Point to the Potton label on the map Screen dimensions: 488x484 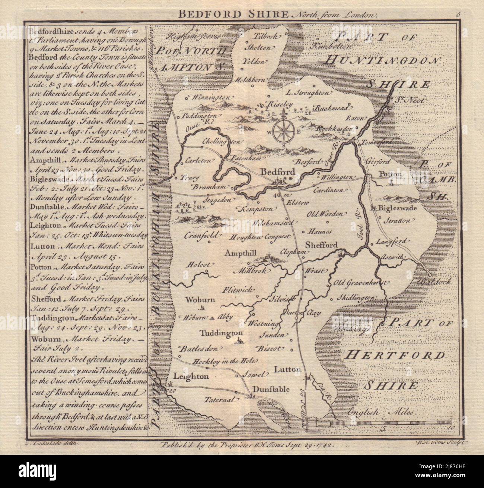390,174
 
